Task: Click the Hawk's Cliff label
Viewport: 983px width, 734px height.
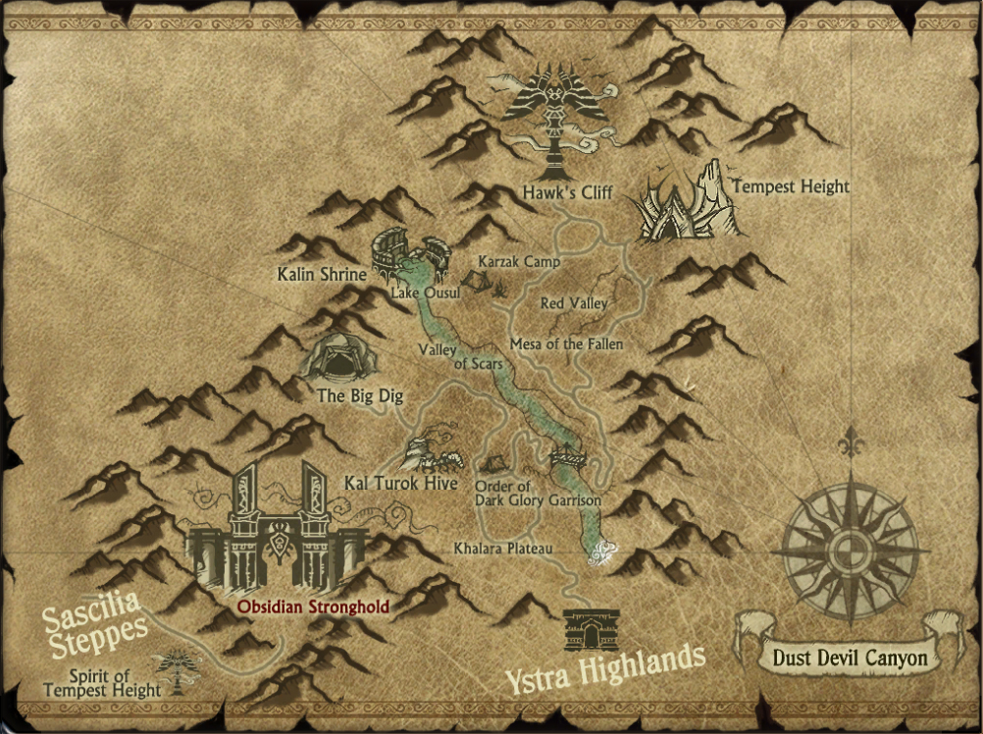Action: [x=568, y=193]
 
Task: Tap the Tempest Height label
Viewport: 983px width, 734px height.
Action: [x=790, y=185]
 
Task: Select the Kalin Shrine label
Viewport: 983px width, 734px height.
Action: [x=321, y=274]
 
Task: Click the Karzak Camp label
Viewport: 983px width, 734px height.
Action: [x=519, y=262]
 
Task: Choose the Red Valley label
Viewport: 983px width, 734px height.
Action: [x=574, y=304]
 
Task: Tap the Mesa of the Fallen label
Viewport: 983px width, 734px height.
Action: [x=566, y=344]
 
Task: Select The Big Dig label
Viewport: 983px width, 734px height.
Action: [x=360, y=397]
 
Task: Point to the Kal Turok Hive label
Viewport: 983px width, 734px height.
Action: [x=388, y=483]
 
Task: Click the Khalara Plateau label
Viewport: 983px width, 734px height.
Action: [x=503, y=548]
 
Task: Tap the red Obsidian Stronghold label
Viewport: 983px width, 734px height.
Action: [x=312, y=606]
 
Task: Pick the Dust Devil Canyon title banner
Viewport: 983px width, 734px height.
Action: [x=850, y=657]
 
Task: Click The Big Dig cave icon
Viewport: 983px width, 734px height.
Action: [x=337, y=358]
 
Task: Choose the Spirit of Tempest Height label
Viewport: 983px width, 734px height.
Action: [x=102, y=683]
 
